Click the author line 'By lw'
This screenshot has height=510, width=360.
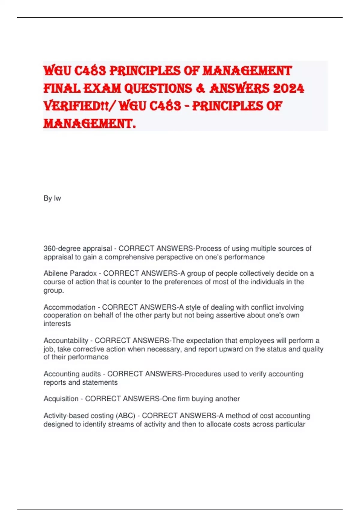[x=52, y=198]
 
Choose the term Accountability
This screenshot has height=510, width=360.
[x=66, y=341]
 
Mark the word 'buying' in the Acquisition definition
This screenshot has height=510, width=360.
[x=202, y=399]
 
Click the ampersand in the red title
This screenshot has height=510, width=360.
[x=202, y=88]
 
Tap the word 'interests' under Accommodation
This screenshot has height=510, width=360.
[x=57, y=324]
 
